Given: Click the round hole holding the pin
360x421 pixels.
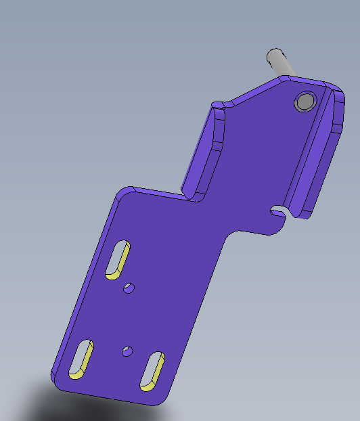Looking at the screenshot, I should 305,102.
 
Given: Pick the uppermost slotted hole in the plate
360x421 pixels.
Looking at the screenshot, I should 118,259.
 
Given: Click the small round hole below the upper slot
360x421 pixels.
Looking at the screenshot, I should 128,288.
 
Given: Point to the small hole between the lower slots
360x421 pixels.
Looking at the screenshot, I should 126,351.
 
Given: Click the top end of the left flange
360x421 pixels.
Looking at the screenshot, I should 217,106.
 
